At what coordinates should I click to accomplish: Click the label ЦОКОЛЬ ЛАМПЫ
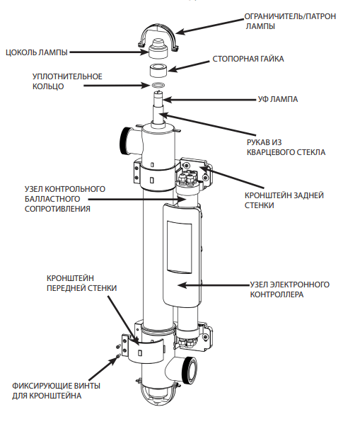click(x=37, y=52)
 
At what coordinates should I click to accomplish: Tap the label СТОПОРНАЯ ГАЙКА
click(x=248, y=59)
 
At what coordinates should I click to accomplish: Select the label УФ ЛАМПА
click(x=278, y=99)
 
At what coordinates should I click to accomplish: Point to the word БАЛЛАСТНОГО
click(x=52, y=199)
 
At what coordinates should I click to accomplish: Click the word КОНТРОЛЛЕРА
click(x=277, y=294)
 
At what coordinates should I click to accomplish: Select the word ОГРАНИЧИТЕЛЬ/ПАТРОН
click(x=290, y=16)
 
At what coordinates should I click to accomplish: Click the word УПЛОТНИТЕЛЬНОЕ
click(x=67, y=76)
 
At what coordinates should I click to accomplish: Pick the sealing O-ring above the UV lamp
click(x=158, y=85)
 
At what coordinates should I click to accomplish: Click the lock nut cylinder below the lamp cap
click(x=158, y=70)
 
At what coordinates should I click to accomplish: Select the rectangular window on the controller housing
click(x=180, y=248)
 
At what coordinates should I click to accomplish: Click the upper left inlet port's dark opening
click(x=124, y=141)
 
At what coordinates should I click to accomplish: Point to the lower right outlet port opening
click(x=191, y=370)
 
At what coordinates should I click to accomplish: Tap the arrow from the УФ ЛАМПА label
click(x=209, y=100)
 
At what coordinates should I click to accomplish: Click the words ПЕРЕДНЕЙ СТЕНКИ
click(x=81, y=288)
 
